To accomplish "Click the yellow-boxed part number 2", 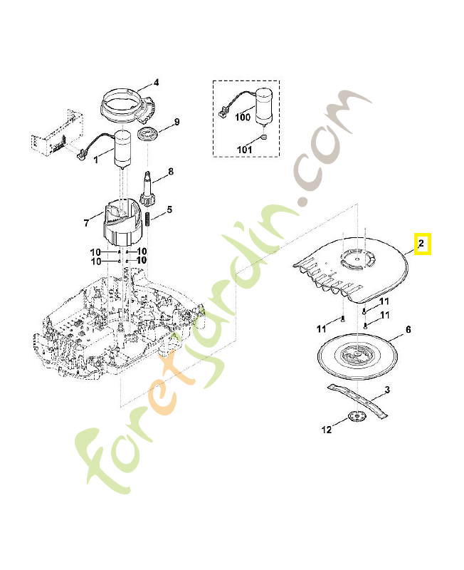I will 421,244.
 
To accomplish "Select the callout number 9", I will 177,121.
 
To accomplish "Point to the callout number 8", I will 170,172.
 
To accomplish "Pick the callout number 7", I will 87,223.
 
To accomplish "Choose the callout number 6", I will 408,330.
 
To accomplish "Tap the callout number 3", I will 386,390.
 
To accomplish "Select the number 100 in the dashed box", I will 243,117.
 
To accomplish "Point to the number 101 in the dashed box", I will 245,150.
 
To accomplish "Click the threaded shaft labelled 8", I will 149,188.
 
